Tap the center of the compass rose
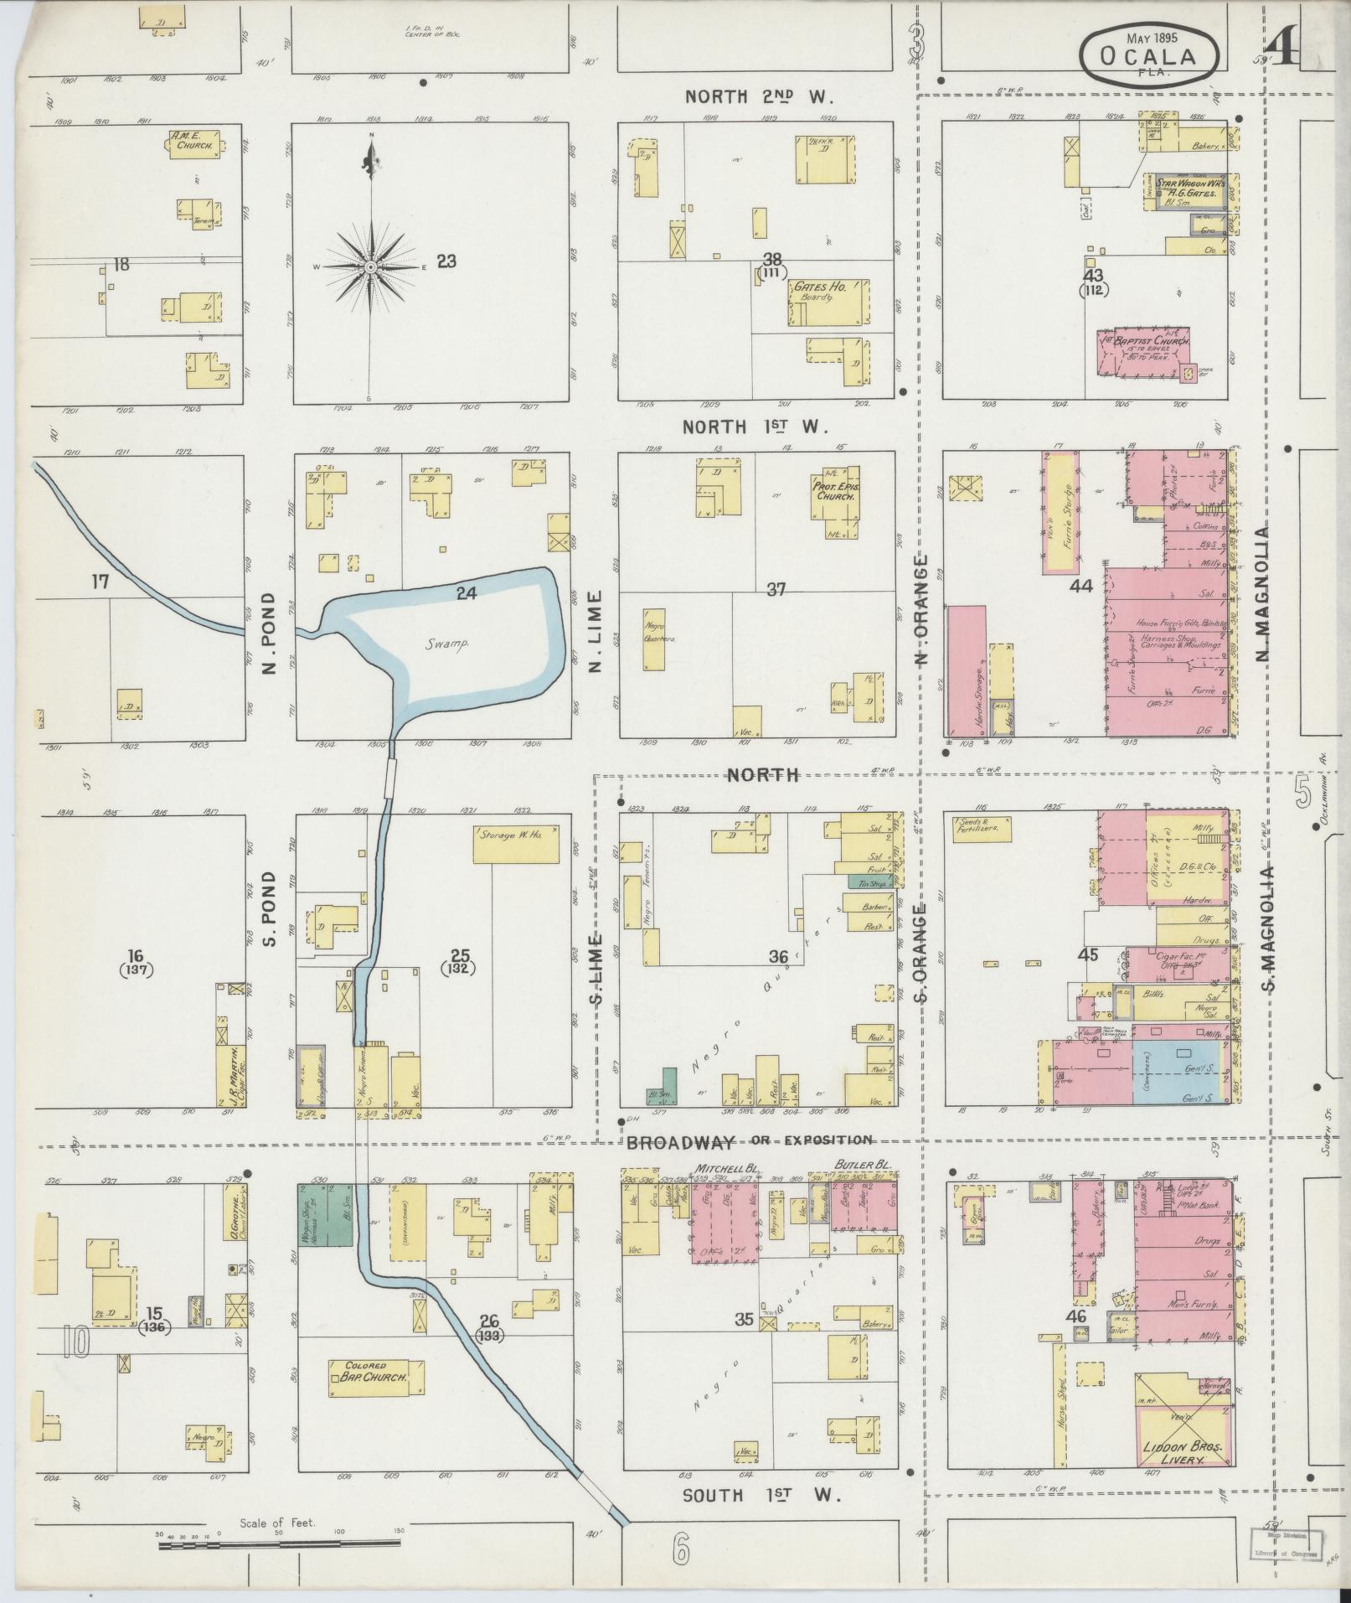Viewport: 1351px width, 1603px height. [x=369, y=266]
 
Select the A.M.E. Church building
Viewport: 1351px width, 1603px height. [x=194, y=143]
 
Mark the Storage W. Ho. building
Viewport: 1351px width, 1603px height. [x=516, y=845]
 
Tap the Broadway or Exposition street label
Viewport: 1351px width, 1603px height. [x=749, y=1140]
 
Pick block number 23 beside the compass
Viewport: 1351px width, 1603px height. [x=446, y=261]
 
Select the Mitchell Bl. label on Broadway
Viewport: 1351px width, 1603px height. [x=718, y=1166]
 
